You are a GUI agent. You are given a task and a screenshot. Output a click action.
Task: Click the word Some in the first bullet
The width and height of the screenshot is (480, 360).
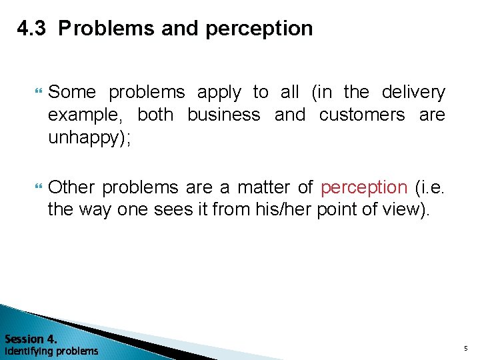coord(72,92)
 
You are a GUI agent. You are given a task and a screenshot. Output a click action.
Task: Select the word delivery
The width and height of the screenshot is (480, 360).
coord(413,92)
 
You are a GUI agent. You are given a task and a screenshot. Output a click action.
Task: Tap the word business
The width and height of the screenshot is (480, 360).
coord(223,115)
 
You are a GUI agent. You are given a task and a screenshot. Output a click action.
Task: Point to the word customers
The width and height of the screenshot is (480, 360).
coord(362,115)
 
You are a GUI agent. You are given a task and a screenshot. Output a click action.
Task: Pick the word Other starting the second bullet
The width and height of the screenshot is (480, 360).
coord(72,187)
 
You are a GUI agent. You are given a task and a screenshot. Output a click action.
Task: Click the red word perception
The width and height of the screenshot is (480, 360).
coord(364,188)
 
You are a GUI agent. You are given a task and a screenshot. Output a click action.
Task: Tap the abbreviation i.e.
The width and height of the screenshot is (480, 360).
coord(431,187)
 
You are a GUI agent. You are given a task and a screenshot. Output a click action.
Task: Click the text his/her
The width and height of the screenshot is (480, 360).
coord(274,211)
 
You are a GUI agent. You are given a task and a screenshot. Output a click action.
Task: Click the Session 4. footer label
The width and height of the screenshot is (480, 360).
coord(30,338)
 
